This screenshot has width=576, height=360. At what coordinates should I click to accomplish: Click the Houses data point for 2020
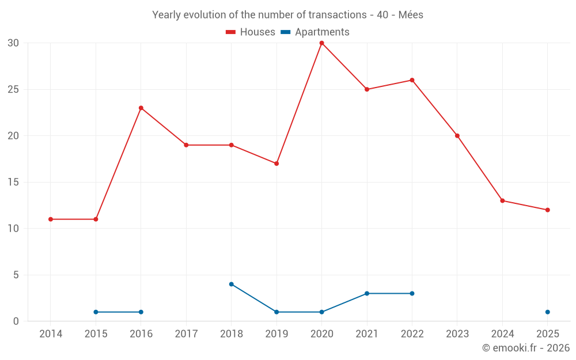321,43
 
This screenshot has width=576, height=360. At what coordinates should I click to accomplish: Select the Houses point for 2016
141,108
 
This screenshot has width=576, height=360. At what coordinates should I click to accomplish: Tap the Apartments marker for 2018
231,284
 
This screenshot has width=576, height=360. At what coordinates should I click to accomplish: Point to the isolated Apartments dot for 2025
547,312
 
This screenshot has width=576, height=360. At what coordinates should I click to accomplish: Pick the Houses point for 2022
412,80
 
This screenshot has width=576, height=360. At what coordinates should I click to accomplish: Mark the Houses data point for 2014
51,219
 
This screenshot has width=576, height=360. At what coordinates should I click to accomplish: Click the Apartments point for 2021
367,293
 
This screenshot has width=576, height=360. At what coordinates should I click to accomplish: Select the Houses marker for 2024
502,200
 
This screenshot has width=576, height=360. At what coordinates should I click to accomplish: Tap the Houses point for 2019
276,164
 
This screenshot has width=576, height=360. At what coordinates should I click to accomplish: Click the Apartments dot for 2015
96,312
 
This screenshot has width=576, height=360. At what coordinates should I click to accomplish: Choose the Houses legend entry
251,32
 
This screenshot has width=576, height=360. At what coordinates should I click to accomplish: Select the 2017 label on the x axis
186,334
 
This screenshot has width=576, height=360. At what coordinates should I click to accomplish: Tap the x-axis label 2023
457,334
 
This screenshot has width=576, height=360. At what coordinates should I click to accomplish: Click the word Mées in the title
411,15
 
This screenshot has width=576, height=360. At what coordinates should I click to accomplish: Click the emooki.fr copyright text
526,348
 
